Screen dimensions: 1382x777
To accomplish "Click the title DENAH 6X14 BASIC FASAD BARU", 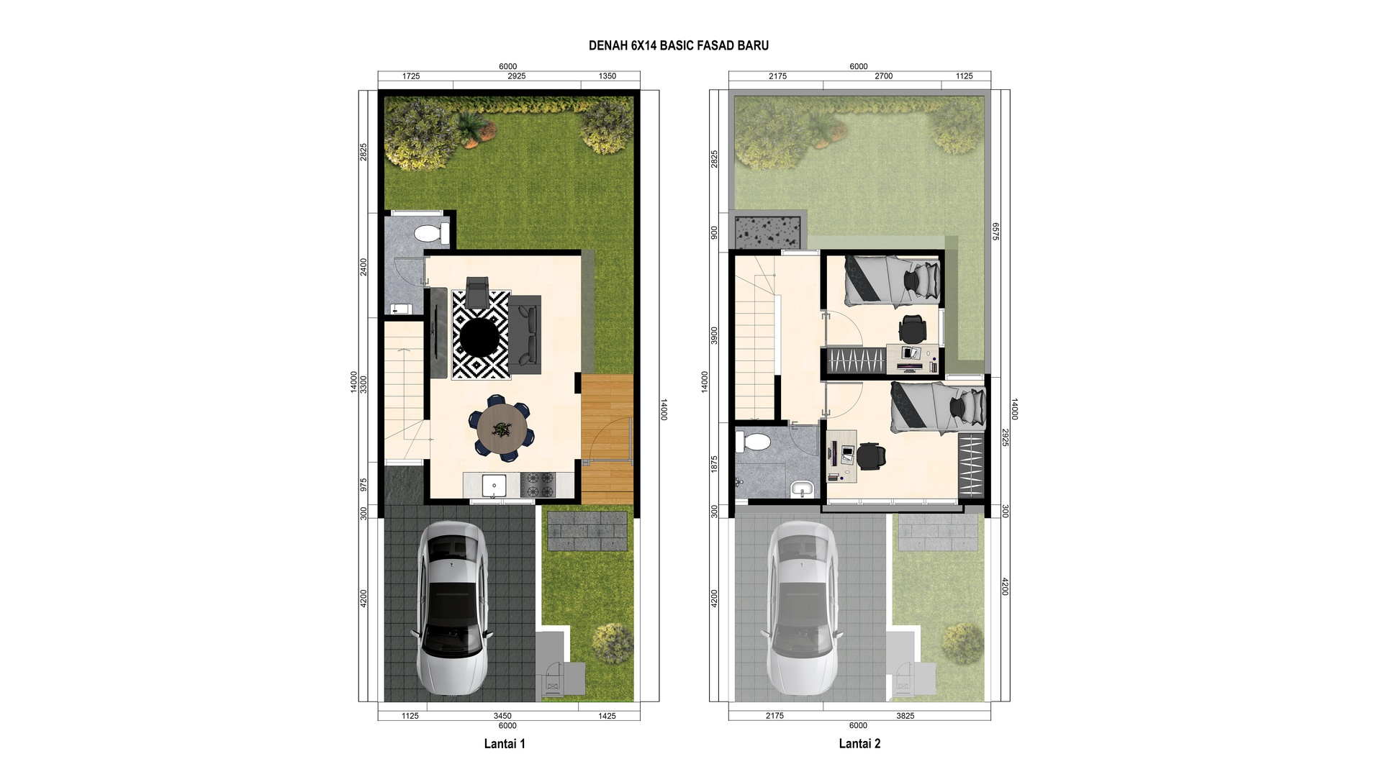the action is [x=679, y=45].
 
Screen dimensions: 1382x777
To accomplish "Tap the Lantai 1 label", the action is [x=505, y=744].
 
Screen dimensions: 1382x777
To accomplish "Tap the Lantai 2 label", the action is [x=859, y=744].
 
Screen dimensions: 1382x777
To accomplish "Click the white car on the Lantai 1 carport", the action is [x=451, y=608].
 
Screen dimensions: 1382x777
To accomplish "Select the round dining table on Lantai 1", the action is [x=502, y=431].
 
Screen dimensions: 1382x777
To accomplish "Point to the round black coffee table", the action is [x=480, y=337].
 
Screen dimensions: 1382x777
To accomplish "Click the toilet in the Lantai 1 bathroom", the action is [x=432, y=233].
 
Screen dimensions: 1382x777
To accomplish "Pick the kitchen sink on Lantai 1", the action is [x=494, y=486].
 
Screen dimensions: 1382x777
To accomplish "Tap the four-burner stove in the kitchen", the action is [x=538, y=485].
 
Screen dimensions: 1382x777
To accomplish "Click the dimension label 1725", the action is [x=411, y=76].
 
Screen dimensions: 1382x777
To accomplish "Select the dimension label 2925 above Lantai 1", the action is [x=516, y=76].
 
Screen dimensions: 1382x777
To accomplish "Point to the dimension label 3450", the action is [x=502, y=716].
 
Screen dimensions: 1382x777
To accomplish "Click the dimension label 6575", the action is [x=996, y=232].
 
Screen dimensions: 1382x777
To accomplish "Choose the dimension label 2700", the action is [x=883, y=76].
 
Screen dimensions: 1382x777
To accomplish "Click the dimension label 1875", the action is [x=714, y=464].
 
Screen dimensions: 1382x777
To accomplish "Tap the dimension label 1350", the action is [x=608, y=76].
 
